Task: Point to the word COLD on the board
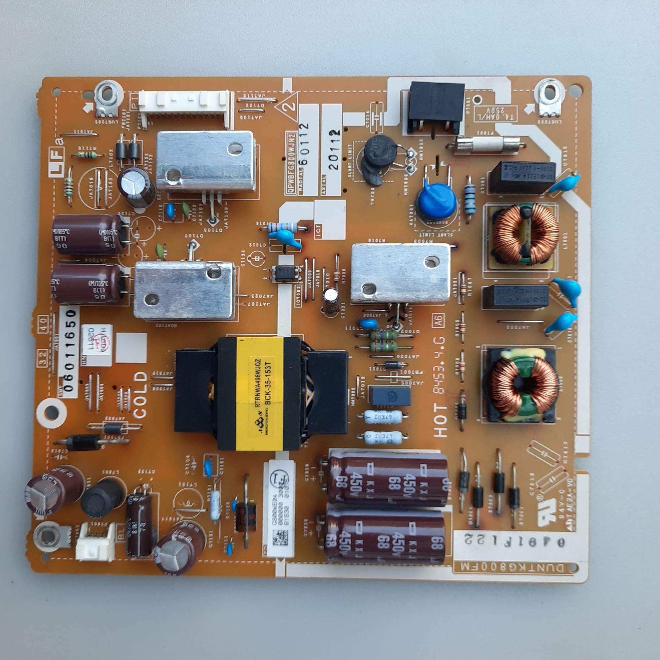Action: pos(141,395)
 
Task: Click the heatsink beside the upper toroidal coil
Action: pos(400,273)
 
